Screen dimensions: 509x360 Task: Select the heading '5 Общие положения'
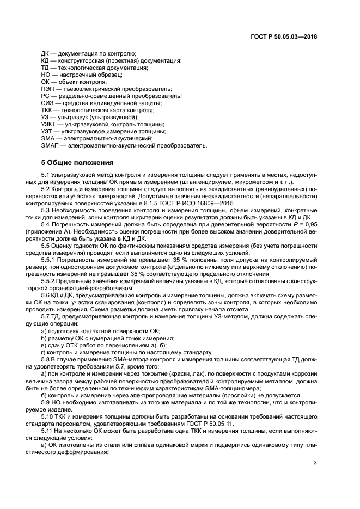pyautogui.click(x=77, y=162)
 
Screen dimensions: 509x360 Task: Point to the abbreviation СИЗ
pyautogui.click(x=47, y=103)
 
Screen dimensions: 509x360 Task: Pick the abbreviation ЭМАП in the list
pyautogui.click(x=50, y=145)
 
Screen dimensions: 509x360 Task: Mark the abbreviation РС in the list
pyautogui.click(x=46, y=96)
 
